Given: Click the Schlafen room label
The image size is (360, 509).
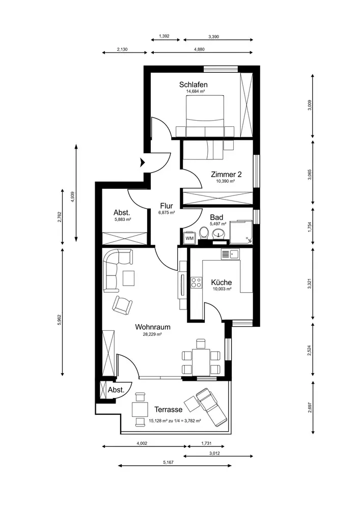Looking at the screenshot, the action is tap(193, 84).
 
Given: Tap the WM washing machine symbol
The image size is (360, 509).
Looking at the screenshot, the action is tap(189, 238).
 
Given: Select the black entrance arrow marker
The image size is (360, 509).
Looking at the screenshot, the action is tap(142, 162).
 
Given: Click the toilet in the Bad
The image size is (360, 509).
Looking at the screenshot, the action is tap(204, 233).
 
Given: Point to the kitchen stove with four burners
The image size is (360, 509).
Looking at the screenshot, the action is tap(196, 282).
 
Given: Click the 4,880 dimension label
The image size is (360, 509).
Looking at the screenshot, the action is tap(199, 49).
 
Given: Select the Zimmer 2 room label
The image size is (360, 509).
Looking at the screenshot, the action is tap(226, 174).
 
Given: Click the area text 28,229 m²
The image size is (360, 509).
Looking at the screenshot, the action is tap(153, 333).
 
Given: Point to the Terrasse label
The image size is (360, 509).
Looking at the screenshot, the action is tap(168, 409).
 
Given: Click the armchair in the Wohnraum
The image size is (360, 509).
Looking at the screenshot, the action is tap(122, 305).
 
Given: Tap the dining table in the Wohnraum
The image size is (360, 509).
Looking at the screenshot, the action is tap(201, 361).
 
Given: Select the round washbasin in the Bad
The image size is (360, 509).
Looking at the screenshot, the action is tap(217, 233).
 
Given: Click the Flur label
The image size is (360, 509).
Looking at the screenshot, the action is tap(166, 206).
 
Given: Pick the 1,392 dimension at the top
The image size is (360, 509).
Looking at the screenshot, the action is tap(164, 36).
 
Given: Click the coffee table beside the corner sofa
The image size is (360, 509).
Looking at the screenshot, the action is tap(129, 278).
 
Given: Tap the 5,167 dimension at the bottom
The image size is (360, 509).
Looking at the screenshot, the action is tap(168, 462).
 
